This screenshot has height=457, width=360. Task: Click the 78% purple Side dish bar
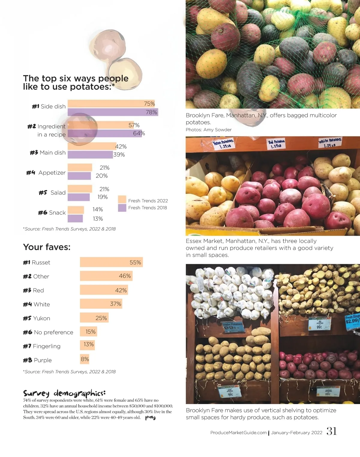113,112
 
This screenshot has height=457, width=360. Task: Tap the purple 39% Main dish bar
90,155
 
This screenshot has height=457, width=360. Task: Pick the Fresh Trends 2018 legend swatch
122,208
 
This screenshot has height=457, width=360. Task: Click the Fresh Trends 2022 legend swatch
122,199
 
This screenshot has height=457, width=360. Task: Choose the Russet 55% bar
111,262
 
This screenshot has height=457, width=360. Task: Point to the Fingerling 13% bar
87,345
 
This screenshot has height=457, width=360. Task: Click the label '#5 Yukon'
37,318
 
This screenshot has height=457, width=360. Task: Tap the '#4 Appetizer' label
46,173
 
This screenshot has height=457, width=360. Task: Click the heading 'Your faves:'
47,247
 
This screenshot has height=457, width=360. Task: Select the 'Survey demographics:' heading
64,393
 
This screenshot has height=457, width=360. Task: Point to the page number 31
331,431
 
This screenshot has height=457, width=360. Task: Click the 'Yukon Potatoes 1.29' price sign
223,144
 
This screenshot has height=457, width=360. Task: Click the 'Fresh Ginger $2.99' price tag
352,320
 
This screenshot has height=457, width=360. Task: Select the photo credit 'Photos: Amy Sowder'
208,130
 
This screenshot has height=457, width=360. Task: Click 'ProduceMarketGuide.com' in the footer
238,433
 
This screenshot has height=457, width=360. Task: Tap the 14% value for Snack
98,209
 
